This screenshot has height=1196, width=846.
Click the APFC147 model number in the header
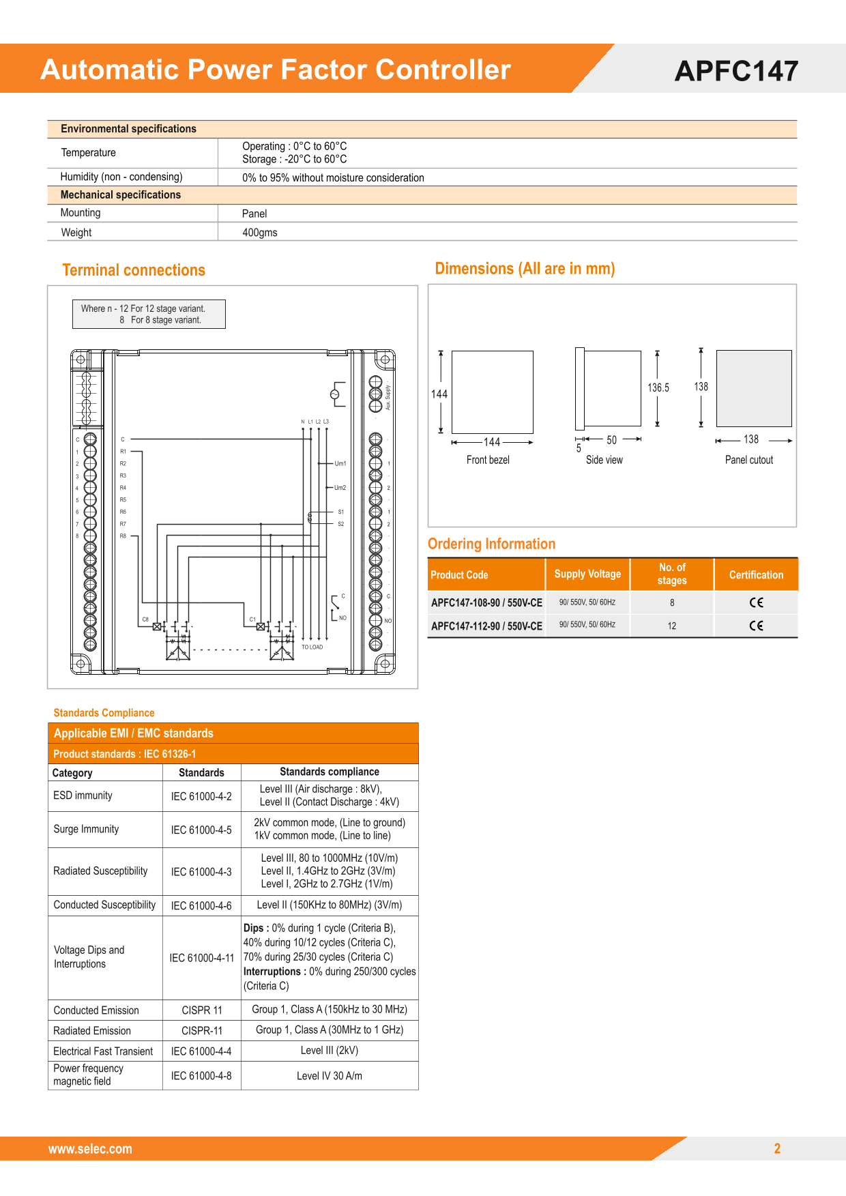pos(736,71)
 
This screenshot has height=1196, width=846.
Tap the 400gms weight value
pos(260,233)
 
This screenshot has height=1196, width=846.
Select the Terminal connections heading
pos(134,270)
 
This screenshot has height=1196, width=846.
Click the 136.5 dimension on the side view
pos(658,388)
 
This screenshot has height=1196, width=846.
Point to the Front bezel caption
pos(488,460)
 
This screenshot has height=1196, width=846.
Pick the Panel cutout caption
pos(749,460)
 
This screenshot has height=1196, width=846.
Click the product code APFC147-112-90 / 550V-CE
pos(486,626)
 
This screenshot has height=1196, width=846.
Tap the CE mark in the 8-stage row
pos(756,602)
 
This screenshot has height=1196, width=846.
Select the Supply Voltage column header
pos(587,574)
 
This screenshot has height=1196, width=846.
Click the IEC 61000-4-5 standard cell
pos(201,830)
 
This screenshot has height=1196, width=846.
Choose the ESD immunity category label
pos(83,796)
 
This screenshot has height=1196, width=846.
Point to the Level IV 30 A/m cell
pos(330,1076)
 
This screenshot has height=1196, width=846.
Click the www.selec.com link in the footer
pos(90,1149)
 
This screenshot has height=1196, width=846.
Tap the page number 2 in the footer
pos(777,1148)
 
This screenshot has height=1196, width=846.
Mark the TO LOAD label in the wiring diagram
pos(312,647)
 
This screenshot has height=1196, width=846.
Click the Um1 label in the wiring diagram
pos(340,464)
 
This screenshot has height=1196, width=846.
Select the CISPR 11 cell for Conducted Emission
pos(202,1010)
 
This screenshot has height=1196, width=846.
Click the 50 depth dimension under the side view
pos(611,441)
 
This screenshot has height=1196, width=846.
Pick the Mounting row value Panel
pos(254,214)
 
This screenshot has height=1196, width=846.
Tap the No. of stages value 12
pos(672,626)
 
